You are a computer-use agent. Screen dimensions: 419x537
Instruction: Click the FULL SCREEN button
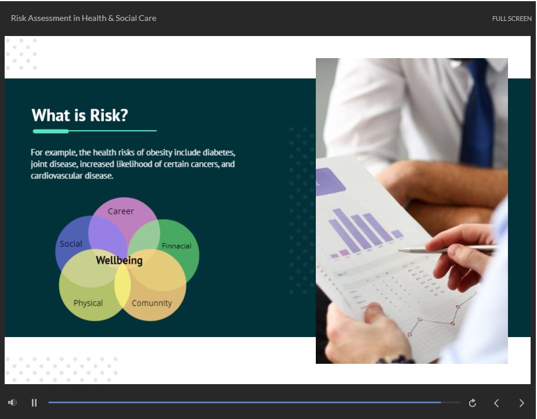511,19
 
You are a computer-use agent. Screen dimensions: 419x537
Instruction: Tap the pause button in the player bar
34,403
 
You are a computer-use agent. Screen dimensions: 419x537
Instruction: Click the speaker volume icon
12,403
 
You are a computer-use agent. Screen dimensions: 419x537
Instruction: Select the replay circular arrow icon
473,403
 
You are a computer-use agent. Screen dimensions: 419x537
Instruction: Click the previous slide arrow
496,403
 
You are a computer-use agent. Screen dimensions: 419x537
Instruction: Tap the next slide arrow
521,403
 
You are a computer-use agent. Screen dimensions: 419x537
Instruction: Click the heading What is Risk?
80,115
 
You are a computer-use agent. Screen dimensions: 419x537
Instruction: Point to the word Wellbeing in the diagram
119,260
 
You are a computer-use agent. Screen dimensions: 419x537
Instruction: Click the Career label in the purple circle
121,211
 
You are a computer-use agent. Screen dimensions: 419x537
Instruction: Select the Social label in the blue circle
71,243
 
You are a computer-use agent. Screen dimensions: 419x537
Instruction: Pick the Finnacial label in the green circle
176,246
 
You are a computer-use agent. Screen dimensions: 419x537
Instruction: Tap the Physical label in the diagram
88,303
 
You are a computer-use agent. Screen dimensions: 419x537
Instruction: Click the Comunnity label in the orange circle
152,303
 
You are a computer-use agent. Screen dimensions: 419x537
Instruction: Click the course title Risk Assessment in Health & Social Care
84,18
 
